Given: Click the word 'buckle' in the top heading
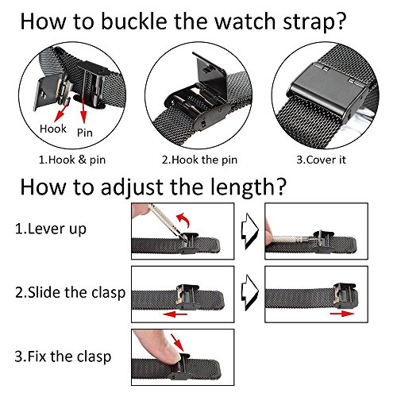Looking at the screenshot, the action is point(133,21).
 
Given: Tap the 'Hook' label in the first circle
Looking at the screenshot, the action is point(53,129).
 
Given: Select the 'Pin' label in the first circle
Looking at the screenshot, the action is point(85,133).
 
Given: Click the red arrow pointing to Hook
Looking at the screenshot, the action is point(62,113).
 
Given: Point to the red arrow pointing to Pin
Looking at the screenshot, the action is point(83,110).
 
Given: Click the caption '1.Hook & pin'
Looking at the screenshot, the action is point(72,160).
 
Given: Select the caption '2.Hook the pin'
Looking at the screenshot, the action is point(199,160).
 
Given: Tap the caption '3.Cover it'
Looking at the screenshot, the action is point(321,160).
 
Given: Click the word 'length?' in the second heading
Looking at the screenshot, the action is point(249,187).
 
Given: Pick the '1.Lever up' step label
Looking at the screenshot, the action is point(51,229).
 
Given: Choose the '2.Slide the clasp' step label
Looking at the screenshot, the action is point(70,293).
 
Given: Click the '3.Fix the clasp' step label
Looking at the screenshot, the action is point(63,357).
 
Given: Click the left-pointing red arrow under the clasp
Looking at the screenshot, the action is point(175,314).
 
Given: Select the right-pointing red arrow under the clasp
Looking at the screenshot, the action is point(342,314).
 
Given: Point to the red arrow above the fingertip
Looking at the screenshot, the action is point(177,342).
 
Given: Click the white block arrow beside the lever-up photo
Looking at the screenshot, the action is point(249,231).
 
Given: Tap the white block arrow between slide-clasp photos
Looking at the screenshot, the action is point(249,292).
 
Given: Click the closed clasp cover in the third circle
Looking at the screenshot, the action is point(328,86).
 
